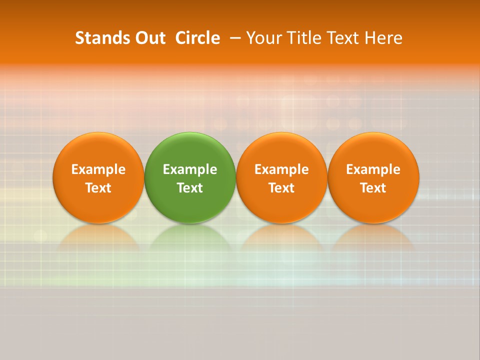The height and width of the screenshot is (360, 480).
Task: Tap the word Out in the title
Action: click(149, 38)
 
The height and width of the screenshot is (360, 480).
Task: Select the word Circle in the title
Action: click(197, 38)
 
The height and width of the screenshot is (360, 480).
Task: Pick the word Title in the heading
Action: click(305, 38)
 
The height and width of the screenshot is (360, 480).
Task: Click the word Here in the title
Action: click(383, 38)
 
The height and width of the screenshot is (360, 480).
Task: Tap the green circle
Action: click(190, 150)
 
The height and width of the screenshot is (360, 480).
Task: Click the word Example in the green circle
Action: click(190, 169)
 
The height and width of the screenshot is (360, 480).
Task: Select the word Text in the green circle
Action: click(190, 188)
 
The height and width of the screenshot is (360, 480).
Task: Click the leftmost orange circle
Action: click(98, 150)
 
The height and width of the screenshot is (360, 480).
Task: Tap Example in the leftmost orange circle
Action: click(98, 169)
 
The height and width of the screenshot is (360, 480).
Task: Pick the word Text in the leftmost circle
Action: click(98, 188)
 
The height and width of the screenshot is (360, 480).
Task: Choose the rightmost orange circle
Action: click(373, 150)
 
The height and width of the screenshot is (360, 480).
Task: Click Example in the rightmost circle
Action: click(373, 169)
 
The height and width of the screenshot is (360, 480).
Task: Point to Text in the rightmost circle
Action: click(373, 188)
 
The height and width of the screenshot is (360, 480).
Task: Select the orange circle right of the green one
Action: click(281, 150)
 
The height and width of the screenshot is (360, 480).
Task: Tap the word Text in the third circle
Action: click(281, 188)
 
